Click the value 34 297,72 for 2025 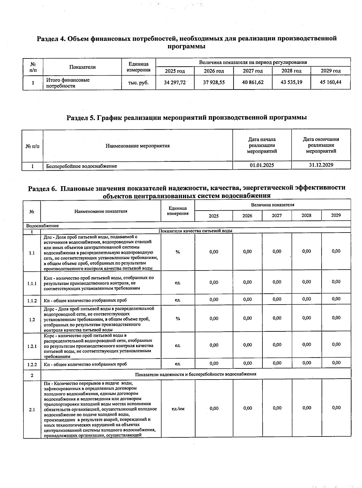(x=175, y=82)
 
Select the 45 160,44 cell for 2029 (x=330, y=82)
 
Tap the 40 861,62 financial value (x=252, y=82)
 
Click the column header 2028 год (x=291, y=71)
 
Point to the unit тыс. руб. (x=140, y=83)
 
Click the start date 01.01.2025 (x=262, y=165)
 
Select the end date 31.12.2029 (x=321, y=165)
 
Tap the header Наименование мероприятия (x=138, y=146)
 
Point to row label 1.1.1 (x=32, y=283)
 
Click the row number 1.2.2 (x=32, y=364)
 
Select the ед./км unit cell (x=178, y=408)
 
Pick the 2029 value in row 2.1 (x=336, y=408)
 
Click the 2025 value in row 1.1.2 (x=214, y=299)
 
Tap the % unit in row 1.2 (x=178, y=319)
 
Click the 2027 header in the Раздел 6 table (x=277, y=215)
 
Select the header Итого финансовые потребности (x=68, y=83)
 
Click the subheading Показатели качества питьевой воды (x=195, y=231)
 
